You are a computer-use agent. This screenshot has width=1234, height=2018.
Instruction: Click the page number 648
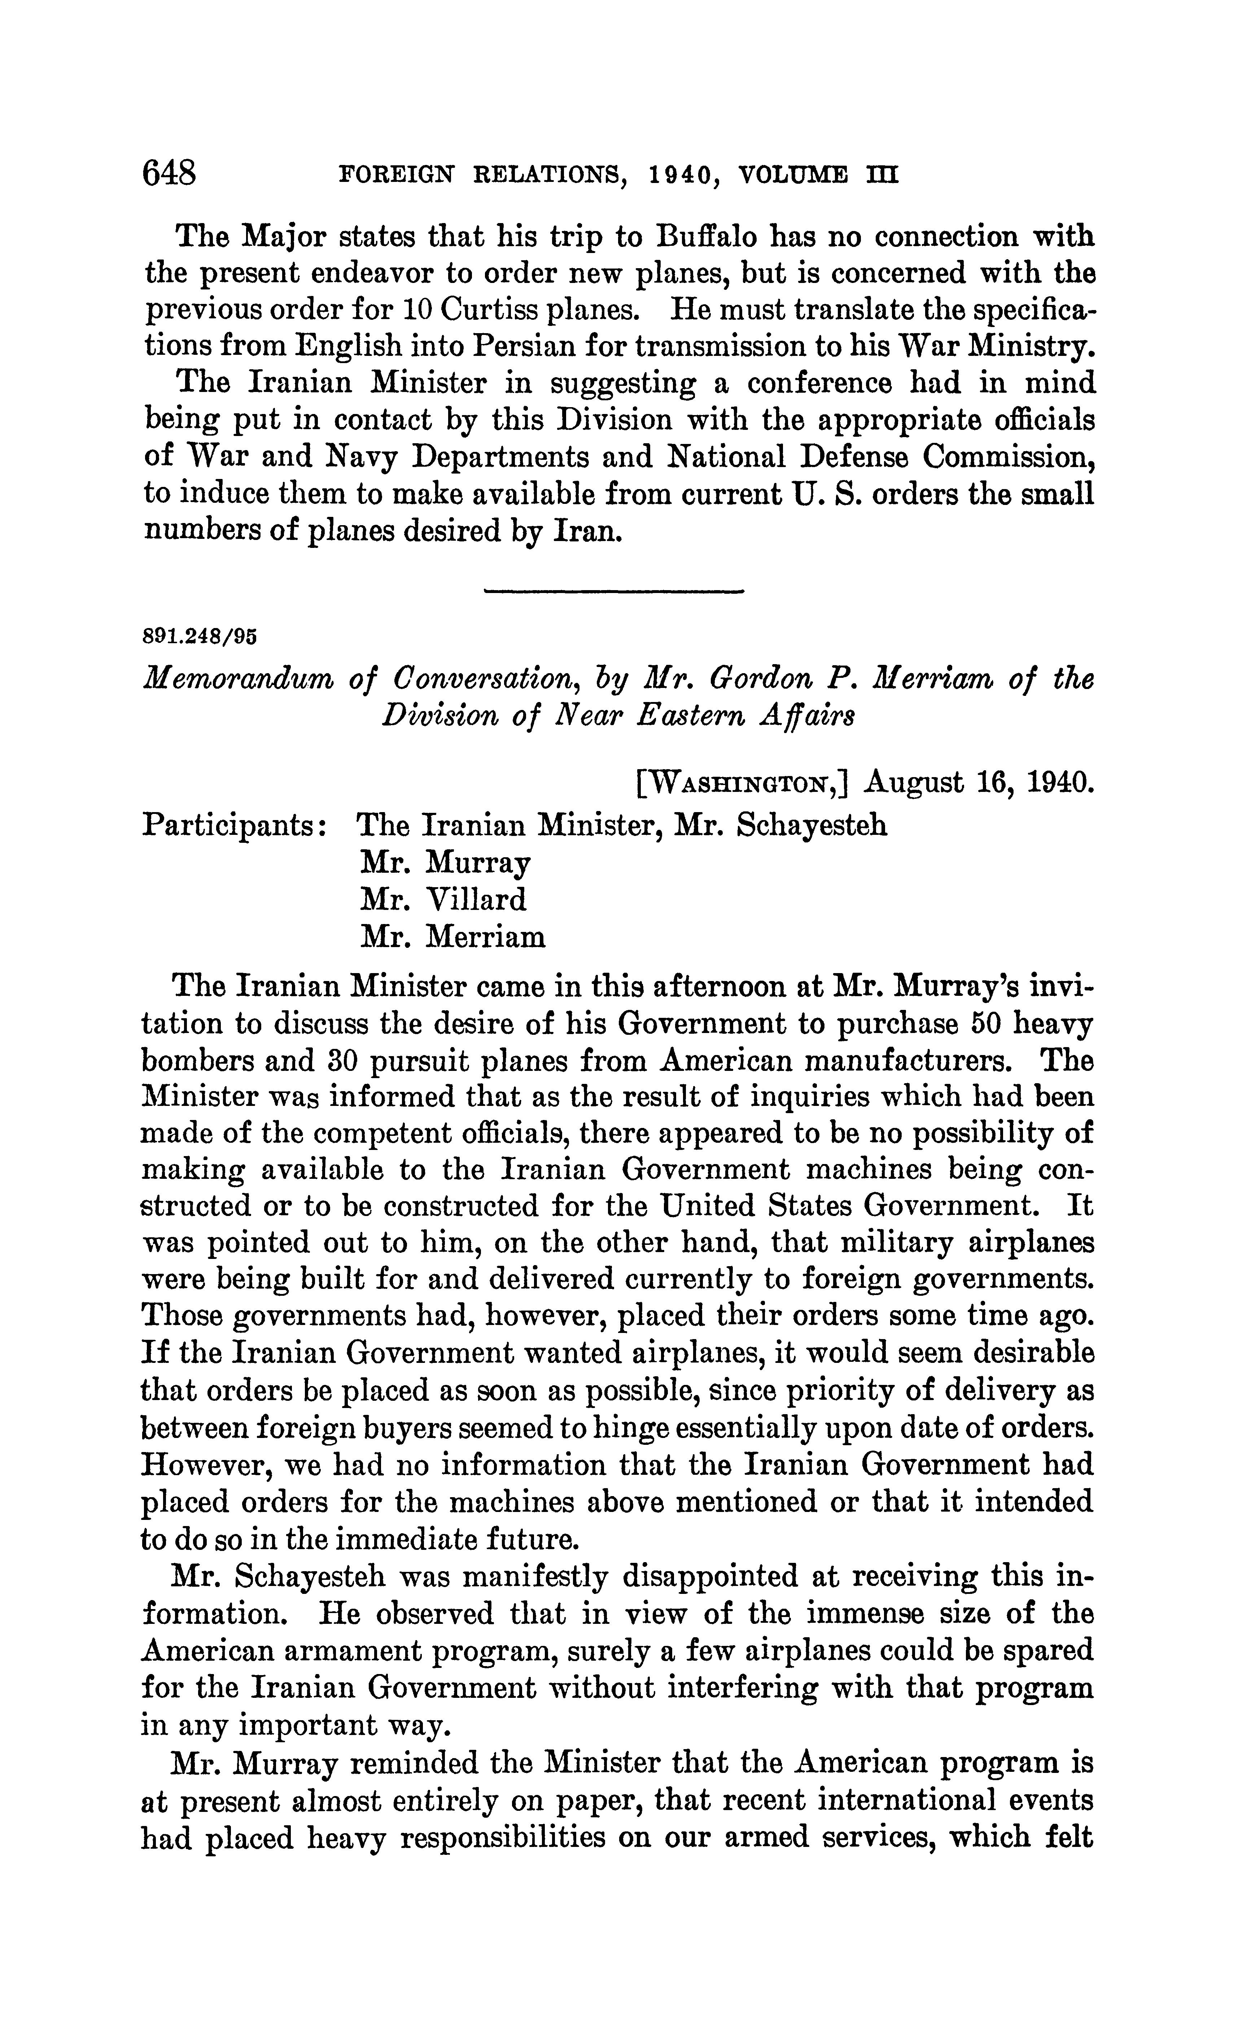[x=170, y=174]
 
